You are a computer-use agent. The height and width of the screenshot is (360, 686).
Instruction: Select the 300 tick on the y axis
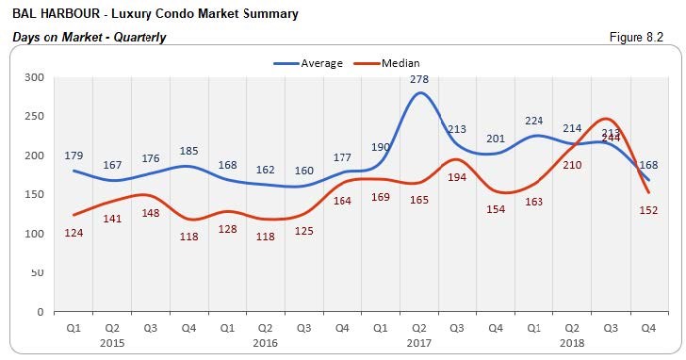coord(34,77)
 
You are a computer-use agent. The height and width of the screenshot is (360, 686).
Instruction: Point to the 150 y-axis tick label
coord(34,194)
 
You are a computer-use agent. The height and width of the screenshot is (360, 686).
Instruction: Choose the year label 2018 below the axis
coord(571,344)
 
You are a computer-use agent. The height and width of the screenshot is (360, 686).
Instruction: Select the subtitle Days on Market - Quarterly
coord(89,38)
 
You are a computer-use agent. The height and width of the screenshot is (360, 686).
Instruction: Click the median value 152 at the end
coord(648,210)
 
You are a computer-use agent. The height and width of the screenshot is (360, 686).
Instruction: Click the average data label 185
coord(188,150)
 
